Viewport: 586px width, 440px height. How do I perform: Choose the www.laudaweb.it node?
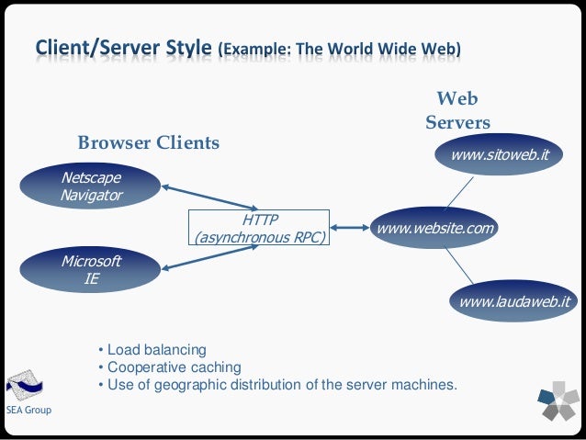(x=514, y=300)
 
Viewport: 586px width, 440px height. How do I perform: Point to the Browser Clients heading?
(x=148, y=142)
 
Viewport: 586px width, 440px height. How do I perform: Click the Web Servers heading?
(x=456, y=110)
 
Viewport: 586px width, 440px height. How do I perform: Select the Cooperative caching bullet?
(x=165, y=367)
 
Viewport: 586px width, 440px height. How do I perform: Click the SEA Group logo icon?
(x=24, y=383)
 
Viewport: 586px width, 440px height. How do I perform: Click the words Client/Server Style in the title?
(x=123, y=47)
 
